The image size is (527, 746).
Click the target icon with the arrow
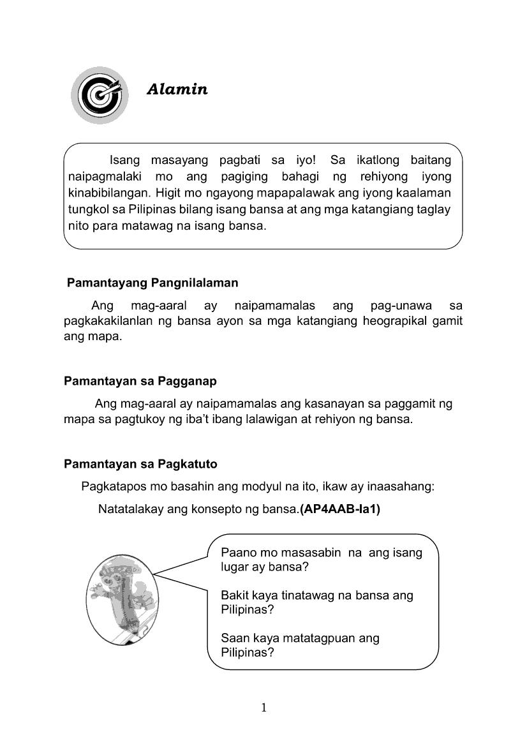[98, 95]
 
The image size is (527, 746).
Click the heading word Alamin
[177, 89]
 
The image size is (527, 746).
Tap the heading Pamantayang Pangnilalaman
[152, 282]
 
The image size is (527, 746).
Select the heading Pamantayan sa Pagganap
[140, 381]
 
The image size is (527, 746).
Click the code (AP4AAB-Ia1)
[339, 509]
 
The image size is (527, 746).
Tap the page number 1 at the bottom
[263, 707]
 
